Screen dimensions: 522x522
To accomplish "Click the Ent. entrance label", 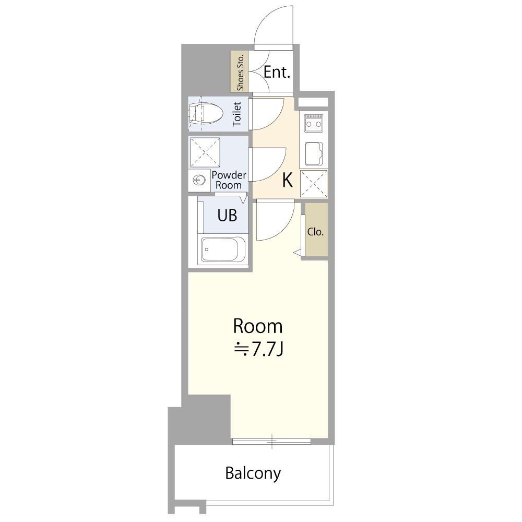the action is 277,72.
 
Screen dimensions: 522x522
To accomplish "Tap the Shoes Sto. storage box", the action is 240,72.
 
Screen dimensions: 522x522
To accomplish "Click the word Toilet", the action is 236,114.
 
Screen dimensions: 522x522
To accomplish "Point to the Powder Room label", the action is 229,180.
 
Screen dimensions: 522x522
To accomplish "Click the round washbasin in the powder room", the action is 199,181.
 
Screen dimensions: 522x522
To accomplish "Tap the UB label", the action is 227,216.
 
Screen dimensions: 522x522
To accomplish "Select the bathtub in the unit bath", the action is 223,250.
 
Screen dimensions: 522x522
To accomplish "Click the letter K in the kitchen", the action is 287,181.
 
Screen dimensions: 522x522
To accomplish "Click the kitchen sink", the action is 314,154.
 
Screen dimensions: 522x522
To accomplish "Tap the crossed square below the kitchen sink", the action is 314,183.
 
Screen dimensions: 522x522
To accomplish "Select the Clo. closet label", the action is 315,232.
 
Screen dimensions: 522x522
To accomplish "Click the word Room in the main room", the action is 258,326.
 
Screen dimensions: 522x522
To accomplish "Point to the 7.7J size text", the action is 259,349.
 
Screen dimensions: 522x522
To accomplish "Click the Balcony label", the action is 253,473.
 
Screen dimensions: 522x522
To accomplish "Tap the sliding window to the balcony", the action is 271,442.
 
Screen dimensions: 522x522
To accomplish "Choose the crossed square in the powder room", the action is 205,152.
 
